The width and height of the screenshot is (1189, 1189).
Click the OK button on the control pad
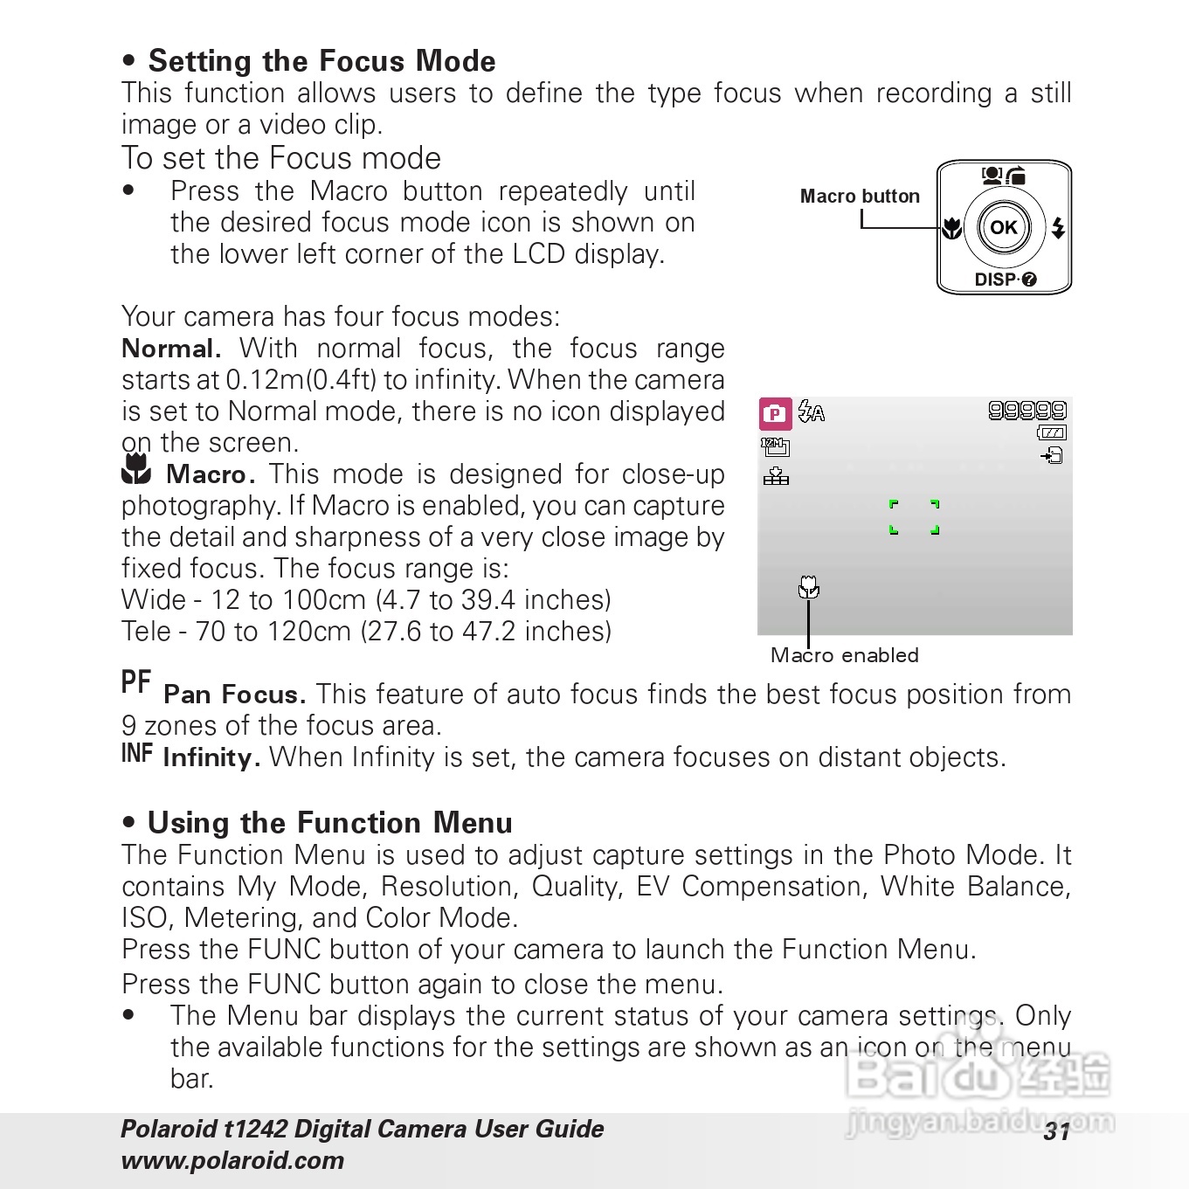(x=1003, y=227)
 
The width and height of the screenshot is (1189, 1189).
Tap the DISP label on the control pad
(x=996, y=280)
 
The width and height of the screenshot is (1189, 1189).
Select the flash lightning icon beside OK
(x=1058, y=227)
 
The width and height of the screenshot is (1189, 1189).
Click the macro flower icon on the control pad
(x=952, y=228)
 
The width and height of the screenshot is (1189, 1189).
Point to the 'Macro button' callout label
(x=860, y=197)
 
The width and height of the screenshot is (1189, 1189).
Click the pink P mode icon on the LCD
(x=775, y=414)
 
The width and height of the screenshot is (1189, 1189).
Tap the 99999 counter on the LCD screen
(x=1027, y=411)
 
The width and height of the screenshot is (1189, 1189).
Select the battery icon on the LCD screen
(x=1052, y=432)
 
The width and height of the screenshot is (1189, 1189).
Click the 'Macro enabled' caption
(x=844, y=655)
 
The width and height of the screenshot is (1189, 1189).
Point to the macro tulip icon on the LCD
(x=809, y=587)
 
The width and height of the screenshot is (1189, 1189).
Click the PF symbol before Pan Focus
(x=136, y=682)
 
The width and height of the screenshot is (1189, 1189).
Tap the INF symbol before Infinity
(x=137, y=753)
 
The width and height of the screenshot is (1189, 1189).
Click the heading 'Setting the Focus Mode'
(x=321, y=61)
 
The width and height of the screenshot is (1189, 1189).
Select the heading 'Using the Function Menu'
(x=329, y=823)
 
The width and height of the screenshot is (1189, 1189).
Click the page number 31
(x=1056, y=1132)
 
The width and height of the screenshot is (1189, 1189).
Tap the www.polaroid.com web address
(x=232, y=1160)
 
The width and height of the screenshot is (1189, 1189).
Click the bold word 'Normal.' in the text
(x=171, y=349)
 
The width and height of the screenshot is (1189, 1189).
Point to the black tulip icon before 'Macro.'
(x=136, y=470)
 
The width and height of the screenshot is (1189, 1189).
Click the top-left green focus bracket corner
(x=893, y=504)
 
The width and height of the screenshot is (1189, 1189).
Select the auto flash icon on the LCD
(x=812, y=411)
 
